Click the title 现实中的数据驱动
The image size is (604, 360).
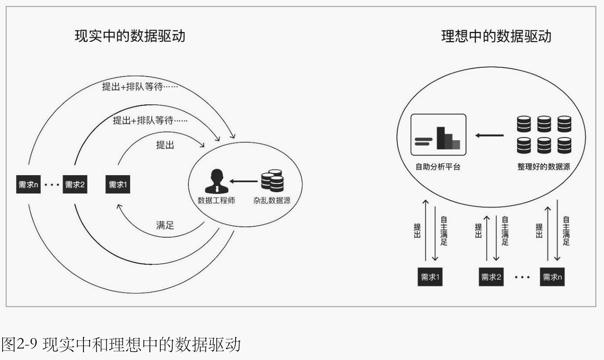[x=130, y=36]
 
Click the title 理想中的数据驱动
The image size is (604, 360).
[x=496, y=36]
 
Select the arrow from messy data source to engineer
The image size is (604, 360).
[x=243, y=181]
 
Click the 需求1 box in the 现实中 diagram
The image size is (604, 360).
[x=118, y=184]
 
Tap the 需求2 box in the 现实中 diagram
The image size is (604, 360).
[x=75, y=184]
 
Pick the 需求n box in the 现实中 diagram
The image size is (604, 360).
[x=28, y=184]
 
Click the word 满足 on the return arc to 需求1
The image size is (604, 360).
[x=165, y=225]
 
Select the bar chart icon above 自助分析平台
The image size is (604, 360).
[x=439, y=135]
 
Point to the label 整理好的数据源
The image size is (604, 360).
[x=544, y=167]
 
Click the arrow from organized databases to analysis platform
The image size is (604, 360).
[x=489, y=135]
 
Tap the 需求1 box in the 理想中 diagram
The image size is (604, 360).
[x=430, y=277]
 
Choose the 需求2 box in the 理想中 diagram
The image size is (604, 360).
[x=491, y=277]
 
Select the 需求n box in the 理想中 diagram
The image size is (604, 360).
[x=552, y=277]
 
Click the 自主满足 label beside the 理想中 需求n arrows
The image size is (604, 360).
[x=566, y=231]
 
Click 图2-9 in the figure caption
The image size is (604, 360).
[x=21, y=345]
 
